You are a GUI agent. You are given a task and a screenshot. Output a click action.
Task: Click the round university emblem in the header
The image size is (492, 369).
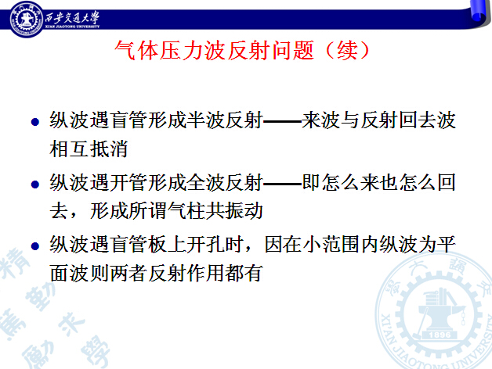(x=27, y=19)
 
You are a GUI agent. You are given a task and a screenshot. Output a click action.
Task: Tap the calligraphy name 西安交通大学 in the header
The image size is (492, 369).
(x=72, y=17)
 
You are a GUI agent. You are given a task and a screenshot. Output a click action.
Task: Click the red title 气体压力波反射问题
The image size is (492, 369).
(x=215, y=50)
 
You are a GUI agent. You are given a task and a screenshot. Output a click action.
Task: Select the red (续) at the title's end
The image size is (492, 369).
(x=348, y=50)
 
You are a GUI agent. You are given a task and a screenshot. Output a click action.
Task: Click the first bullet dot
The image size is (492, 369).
(x=35, y=121)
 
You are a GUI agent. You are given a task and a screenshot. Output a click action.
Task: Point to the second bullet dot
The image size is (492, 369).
(x=35, y=184)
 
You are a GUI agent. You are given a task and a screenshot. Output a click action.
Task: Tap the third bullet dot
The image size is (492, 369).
(x=35, y=246)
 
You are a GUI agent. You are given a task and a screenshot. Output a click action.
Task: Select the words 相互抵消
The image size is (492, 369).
(x=89, y=149)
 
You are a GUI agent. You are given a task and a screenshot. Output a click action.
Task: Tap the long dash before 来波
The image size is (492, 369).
(x=282, y=121)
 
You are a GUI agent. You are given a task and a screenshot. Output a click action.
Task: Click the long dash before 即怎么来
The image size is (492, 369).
(x=282, y=183)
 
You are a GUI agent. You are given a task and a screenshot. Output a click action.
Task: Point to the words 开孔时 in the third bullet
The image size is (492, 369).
(x=215, y=245)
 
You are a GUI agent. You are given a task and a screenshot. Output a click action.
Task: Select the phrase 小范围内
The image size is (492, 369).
(x=341, y=245)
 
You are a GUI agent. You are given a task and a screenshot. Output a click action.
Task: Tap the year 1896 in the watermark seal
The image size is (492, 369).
(x=440, y=335)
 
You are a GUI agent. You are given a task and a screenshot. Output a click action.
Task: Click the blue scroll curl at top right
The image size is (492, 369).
(x=480, y=12)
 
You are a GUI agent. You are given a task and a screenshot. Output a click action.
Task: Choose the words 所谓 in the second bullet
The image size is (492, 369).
(x=147, y=210)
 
